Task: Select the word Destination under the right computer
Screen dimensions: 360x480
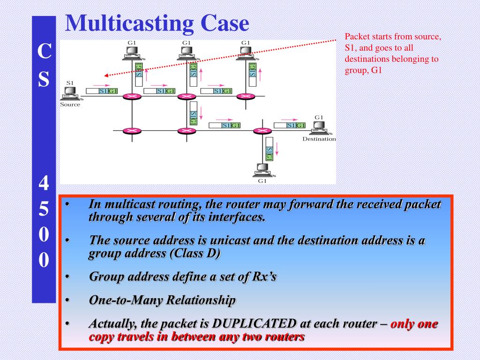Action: coord(319,139)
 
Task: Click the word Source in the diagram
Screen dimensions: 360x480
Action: coord(70,105)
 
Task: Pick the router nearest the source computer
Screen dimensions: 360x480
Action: coord(132,97)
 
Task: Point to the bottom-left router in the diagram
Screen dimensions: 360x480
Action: coord(132,131)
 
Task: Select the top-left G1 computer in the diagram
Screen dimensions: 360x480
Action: coord(133,53)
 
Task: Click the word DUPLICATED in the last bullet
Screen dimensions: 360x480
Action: coord(255,324)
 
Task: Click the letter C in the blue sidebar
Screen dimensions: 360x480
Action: coord(44,52)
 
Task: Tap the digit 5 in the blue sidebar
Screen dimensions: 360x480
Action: coord(44,210)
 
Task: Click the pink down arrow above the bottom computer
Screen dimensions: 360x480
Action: coord(277,149)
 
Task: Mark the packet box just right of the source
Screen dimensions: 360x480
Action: coord(102,90)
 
